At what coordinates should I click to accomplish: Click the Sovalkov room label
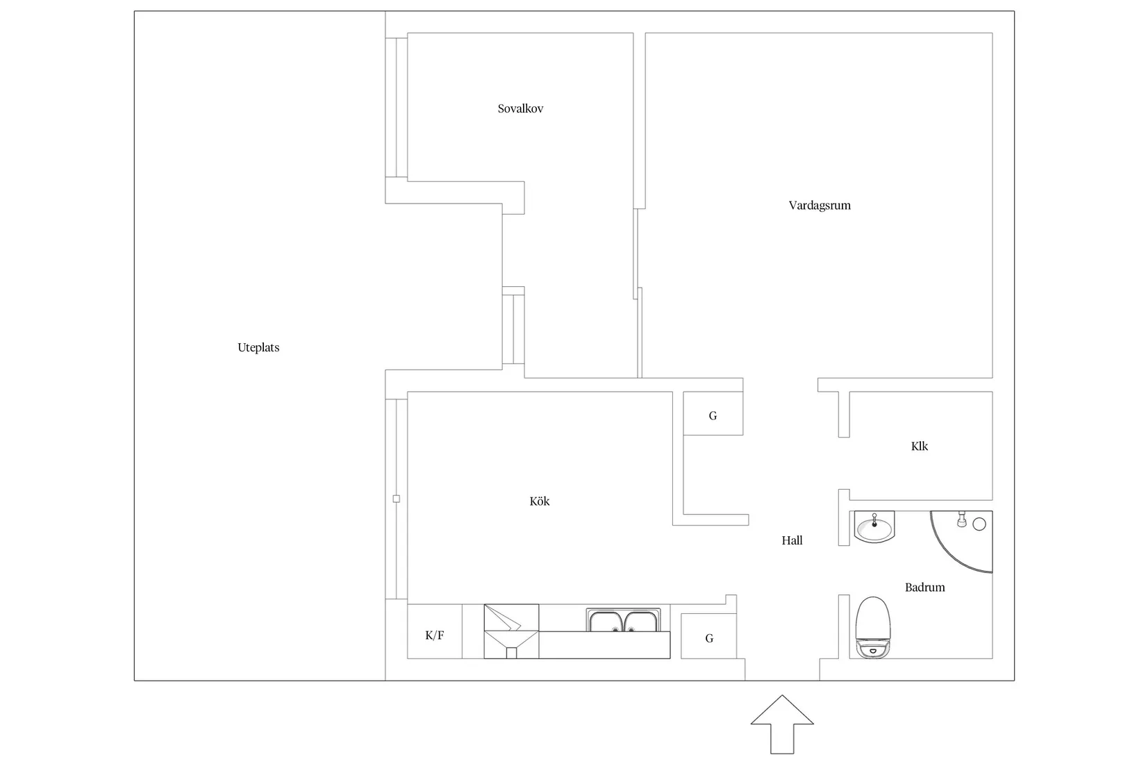pos(520,108)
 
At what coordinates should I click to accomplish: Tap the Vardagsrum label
pos(820,206)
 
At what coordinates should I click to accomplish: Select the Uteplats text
pos(258,347)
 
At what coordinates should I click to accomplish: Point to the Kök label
pos(539,501)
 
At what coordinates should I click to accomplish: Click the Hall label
pos(792,540)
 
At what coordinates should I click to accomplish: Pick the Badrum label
pos(925,588)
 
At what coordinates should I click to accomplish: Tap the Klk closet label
pos(920,446)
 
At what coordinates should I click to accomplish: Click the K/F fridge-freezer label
pos(434,635)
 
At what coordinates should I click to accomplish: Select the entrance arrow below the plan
pos(782,724)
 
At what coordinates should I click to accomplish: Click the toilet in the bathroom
pos(873,627)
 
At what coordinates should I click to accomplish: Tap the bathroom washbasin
pos(874,526)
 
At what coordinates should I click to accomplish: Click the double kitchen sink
pos(623,620)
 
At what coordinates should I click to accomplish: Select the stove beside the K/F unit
pos(511,631)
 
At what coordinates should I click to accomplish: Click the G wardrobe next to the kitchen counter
pos(708,636)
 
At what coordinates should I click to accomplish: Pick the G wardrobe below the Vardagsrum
pos(713,413)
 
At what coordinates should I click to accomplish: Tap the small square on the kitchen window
pos(397,499)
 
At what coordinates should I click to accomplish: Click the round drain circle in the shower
pos(979,524)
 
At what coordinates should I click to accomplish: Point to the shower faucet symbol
pos(962,519)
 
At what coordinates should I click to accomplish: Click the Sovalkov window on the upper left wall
pos(397,108)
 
